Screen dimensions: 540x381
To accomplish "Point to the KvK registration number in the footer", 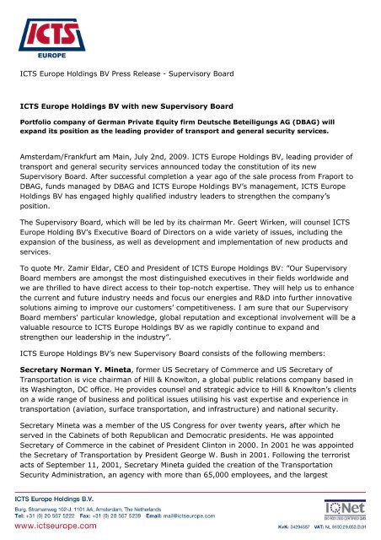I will pyautogui.click(x=285, y=527).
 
